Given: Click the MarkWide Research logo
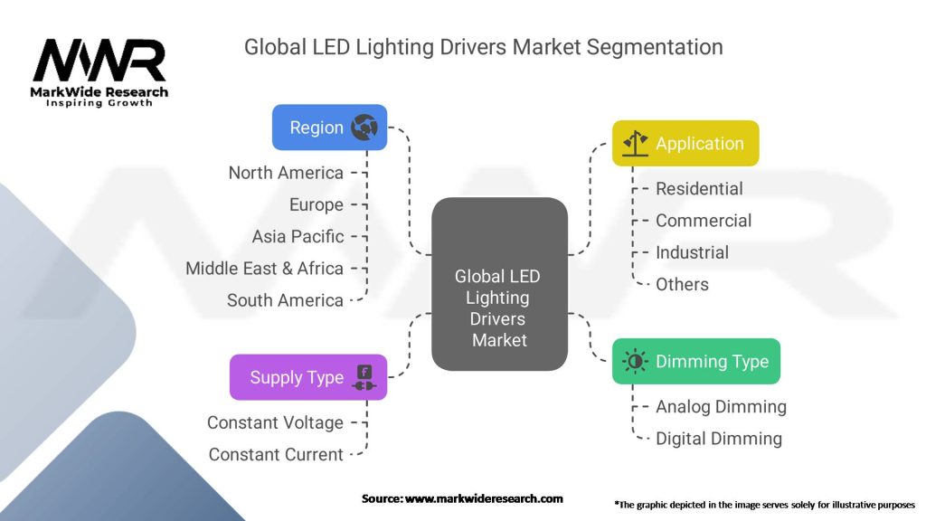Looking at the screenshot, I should [x=99, y=71].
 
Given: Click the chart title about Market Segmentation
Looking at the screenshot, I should [x=483, y=47].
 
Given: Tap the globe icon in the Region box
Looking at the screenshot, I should [x=364, y=128].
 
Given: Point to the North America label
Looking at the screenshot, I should [x=286, y=173].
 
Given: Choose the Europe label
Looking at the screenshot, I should [x=317, y=204].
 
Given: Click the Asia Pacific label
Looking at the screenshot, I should [x=298, y=236].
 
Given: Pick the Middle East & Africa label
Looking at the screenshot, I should [x=264, y=268].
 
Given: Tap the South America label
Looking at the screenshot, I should [x=285, y=300].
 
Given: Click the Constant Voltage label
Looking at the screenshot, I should [x=275, y=422].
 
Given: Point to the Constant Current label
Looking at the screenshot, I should [x=276, y=454].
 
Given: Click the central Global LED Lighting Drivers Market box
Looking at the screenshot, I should [x=499, y=284].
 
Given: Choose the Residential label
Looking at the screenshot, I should [x=699, y=188].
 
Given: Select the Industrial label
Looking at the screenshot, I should [x=692, y=252].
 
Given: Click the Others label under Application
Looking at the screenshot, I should [x=682, y=284].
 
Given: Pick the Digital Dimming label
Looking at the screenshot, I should [x=719, y=439].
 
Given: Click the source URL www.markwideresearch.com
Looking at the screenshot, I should [x=482, y=498].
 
